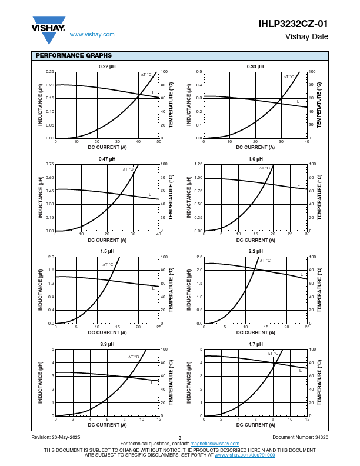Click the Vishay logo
tap(48, 30)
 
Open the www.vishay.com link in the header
tap(92, 35)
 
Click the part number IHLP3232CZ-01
tap(293, 24)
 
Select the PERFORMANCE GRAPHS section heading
tap(74, 55)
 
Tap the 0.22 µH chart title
tap(107, 66)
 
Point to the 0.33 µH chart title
tap(255, 66)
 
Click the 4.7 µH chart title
tap(255, 344)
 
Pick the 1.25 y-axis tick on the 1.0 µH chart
tap(198, 164)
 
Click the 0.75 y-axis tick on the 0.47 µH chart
tap(50, 164)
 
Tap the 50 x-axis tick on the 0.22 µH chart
tap(159, 142)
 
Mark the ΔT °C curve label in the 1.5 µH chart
tap(108, 265)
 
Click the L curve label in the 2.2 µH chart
tap(302, 275)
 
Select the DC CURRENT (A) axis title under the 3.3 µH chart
tap(107, 425)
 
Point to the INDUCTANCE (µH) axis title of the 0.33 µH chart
tap(189, 105)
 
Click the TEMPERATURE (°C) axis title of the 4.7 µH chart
tap(319, 382)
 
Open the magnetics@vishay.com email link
tap(215, 444)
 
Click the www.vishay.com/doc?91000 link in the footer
tap(245, 455)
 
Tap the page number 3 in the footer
tap(179, 438)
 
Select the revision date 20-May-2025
tap(66, 437)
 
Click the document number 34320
tap(322, 437)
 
